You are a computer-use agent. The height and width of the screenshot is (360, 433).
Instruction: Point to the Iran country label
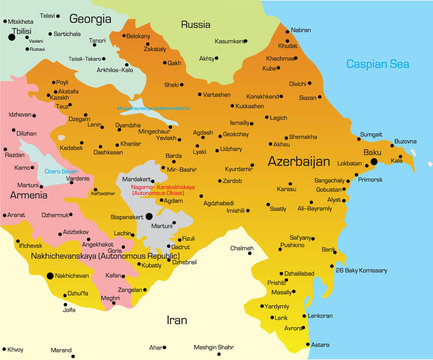point(176,320)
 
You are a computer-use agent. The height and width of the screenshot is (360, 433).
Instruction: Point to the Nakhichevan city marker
point(49,274)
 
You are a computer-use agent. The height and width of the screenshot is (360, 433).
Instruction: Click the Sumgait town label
point(371,133)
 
